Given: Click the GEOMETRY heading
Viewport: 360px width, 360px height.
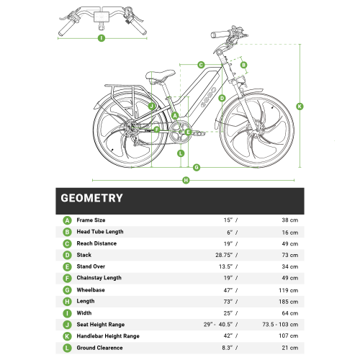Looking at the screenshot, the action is [91, 198].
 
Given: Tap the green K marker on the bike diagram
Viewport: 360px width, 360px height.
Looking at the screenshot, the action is [300, 106].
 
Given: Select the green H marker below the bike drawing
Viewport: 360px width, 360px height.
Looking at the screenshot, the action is [186, 179].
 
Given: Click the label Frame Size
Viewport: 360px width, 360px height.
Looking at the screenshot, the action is [91, 220].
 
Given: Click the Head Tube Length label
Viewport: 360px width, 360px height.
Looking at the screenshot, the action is [100, 232].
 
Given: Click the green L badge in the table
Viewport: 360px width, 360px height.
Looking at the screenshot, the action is [67, 348].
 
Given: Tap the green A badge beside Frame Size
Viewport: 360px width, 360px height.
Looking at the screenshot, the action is [67, 220].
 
